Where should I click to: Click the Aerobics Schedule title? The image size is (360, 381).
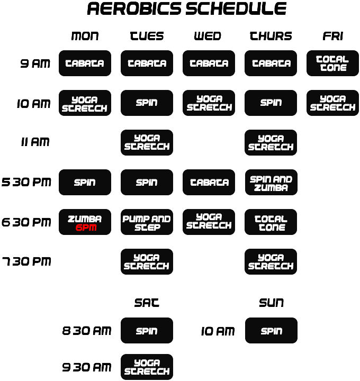point(186,9)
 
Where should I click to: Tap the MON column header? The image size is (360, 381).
point(85,36)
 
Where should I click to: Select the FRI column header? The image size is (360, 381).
point(332,36)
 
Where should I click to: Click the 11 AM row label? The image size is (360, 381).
point(35,142)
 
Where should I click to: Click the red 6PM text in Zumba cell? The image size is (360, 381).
point(85,228)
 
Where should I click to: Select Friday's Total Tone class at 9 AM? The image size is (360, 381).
point(332,63)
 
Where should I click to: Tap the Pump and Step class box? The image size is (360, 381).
point(147,222)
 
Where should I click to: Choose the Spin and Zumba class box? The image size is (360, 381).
point(271,183)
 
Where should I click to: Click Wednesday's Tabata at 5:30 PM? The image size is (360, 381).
point(209,183)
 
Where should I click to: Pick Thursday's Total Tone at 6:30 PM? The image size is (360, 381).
point(271,222)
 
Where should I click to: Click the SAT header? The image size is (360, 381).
point(147,303)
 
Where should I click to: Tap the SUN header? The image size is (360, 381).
point(271,303)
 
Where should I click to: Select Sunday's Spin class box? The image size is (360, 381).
point(271,331)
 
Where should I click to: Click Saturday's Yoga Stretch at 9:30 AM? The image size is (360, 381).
point(147,367)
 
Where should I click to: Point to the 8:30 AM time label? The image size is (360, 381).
point(87,331)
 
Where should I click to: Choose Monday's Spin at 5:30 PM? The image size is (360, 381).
point(85,183)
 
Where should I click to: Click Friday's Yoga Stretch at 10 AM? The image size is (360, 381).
point(332,103)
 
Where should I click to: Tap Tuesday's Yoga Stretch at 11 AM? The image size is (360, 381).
point(147,143)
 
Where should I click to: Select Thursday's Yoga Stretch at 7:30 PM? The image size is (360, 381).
point(271,262)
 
